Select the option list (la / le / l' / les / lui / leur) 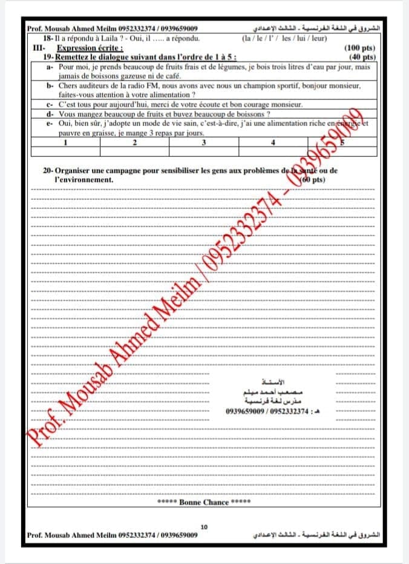coord(284,38)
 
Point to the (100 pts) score coord(359,48)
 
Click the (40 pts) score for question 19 coord(362,57)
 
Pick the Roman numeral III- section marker coord(39,47)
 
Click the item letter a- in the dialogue coord(50,67)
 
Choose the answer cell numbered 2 coord(134,142)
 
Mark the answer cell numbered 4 coord(273,142)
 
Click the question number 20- coord(49,171)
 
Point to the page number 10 coord(204,527)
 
